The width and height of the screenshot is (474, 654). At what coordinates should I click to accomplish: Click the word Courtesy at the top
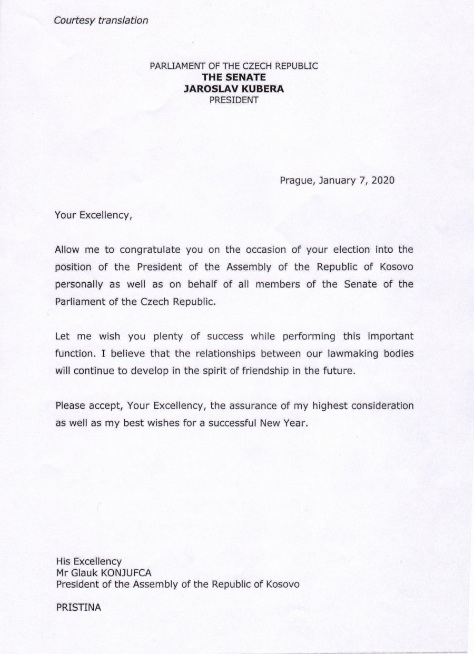click(74, 21)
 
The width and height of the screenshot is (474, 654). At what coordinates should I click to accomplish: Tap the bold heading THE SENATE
click(234, 78)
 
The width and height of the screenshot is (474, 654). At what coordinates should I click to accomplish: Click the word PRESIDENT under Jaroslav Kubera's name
click(234, 100)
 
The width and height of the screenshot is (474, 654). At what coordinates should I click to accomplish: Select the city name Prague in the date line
click(297, 180)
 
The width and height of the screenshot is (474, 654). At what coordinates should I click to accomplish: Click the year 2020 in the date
click(382, 180)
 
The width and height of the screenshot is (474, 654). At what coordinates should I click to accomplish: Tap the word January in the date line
click(338, 180)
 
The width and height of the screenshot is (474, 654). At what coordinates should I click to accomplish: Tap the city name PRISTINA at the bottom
click(78, 607)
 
